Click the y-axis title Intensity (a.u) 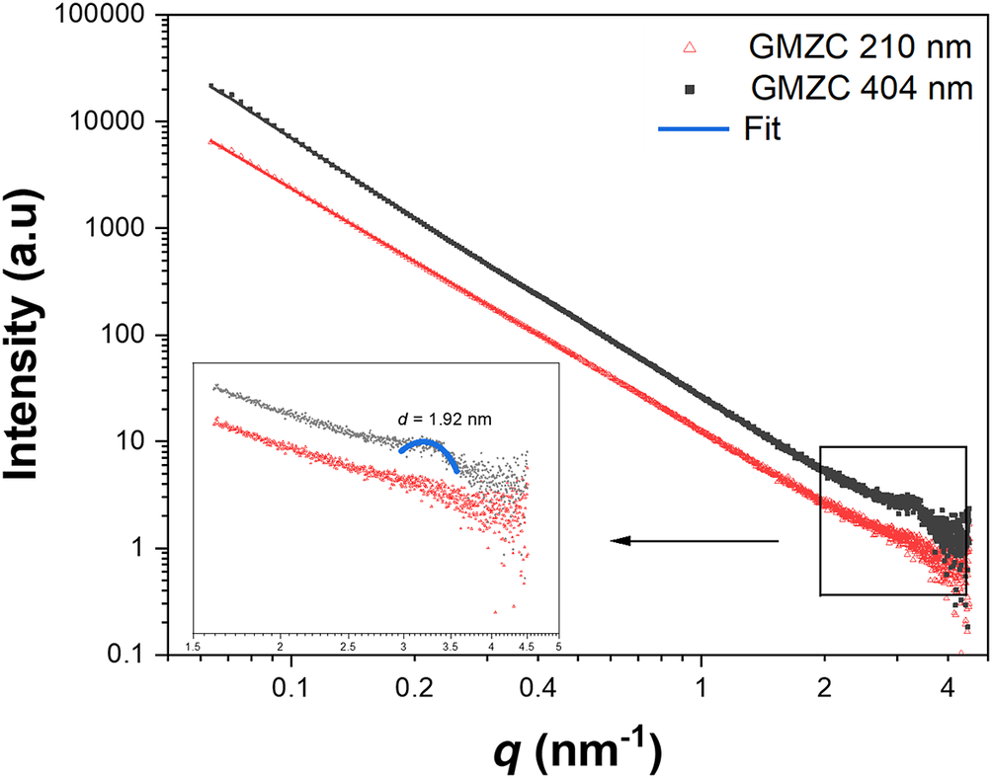[x=37, y=336]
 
